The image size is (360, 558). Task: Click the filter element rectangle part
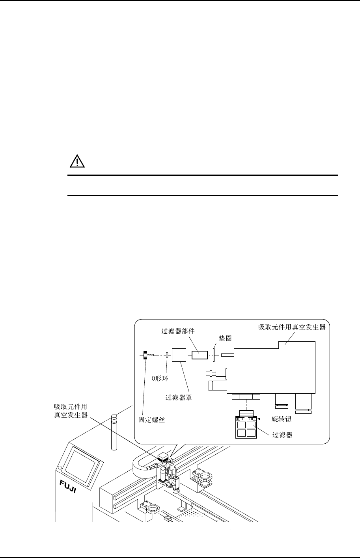pyautogui.click(x=200, y=355)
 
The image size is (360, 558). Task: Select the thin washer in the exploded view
pyautogui.click(x=213, y=355)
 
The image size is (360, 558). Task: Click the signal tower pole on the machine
pyautogui.click(x=114, y=432)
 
